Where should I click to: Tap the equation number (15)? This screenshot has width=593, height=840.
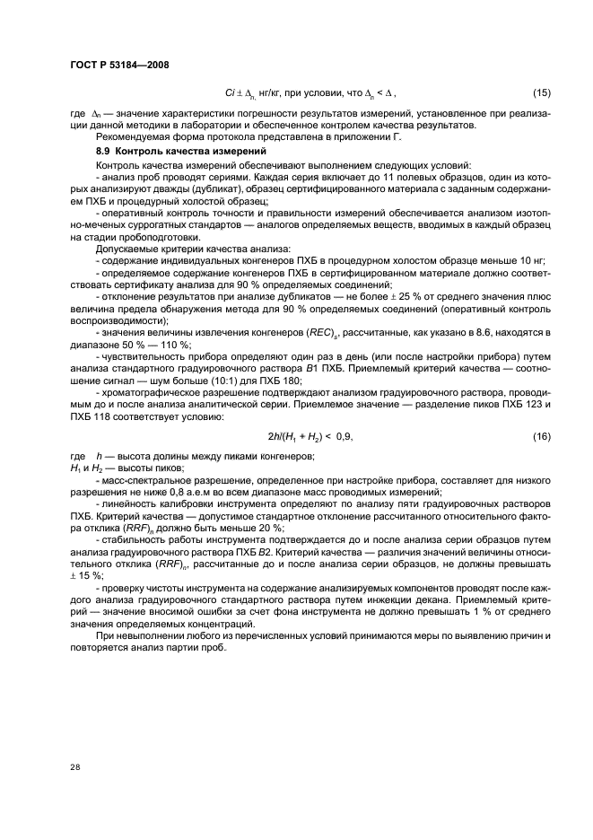point(542,93)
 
